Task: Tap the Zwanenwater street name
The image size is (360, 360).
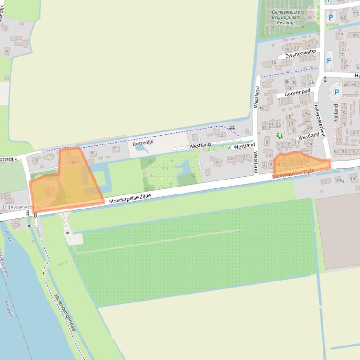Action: click(298, 54)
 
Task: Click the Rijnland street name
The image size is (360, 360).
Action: click(336, 113)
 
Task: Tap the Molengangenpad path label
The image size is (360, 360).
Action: click(65, 313)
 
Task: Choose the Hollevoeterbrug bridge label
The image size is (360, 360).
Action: click(21, 206)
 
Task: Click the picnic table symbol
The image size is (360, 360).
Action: click(232, 128)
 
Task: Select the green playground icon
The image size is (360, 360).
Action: click(279, 136)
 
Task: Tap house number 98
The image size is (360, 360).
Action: click(73, 163)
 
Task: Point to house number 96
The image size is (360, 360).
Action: click(49, 193)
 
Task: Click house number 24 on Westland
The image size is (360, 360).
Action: click(221, 136)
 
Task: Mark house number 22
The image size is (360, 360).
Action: click(218, 162)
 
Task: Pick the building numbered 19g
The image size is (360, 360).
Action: click(340, 180)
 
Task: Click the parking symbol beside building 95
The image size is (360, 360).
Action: click(331, 17)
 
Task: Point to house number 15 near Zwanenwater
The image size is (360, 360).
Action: click(274, 62)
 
